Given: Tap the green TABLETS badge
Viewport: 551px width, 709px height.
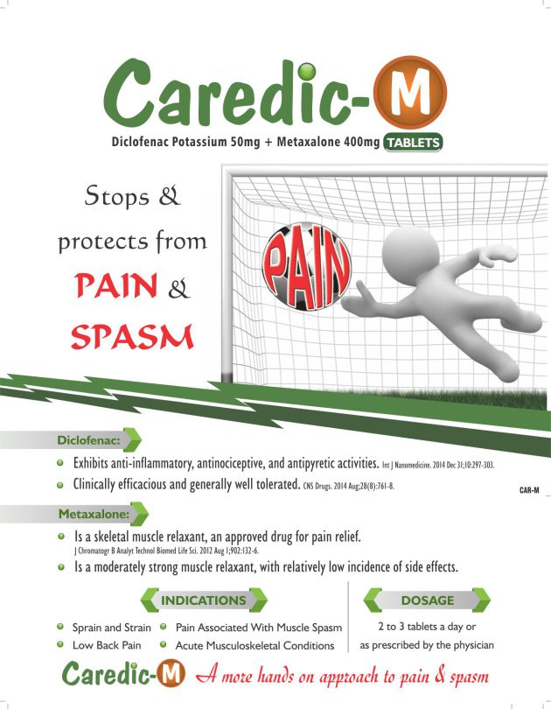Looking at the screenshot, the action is [x=413, y=143].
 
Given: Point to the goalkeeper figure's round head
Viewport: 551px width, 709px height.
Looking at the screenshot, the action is [x=410, y=256].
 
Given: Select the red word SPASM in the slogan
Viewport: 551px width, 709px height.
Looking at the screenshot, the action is [x=132, y=337].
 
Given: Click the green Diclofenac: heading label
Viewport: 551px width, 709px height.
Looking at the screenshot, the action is [x=89, y=440].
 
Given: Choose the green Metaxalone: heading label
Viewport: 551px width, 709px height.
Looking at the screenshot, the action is [x=94, y=514].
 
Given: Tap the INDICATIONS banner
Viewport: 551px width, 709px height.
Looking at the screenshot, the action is [x=204, y=600].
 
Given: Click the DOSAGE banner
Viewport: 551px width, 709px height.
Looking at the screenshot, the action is [x=428, y=600].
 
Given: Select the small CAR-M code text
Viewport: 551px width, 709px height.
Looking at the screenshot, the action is [x=529, y=490].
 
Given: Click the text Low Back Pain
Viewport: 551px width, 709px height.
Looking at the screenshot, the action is [x=107, y=645].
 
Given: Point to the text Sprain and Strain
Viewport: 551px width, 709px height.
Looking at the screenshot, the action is [x=112, y=628].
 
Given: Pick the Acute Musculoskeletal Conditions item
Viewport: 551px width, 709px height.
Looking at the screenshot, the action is [x=255, y=646].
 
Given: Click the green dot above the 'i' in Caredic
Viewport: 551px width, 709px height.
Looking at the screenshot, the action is [x=307, y=72].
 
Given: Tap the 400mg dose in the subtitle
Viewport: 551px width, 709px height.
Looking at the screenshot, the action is [x=361, y=143].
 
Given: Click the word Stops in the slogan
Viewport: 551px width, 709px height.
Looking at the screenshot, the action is [x=116, y=197].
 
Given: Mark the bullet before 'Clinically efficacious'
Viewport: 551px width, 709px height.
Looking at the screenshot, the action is [x=60, y=485].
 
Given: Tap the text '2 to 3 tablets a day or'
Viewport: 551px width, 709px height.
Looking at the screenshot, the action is [x=427, y=627].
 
